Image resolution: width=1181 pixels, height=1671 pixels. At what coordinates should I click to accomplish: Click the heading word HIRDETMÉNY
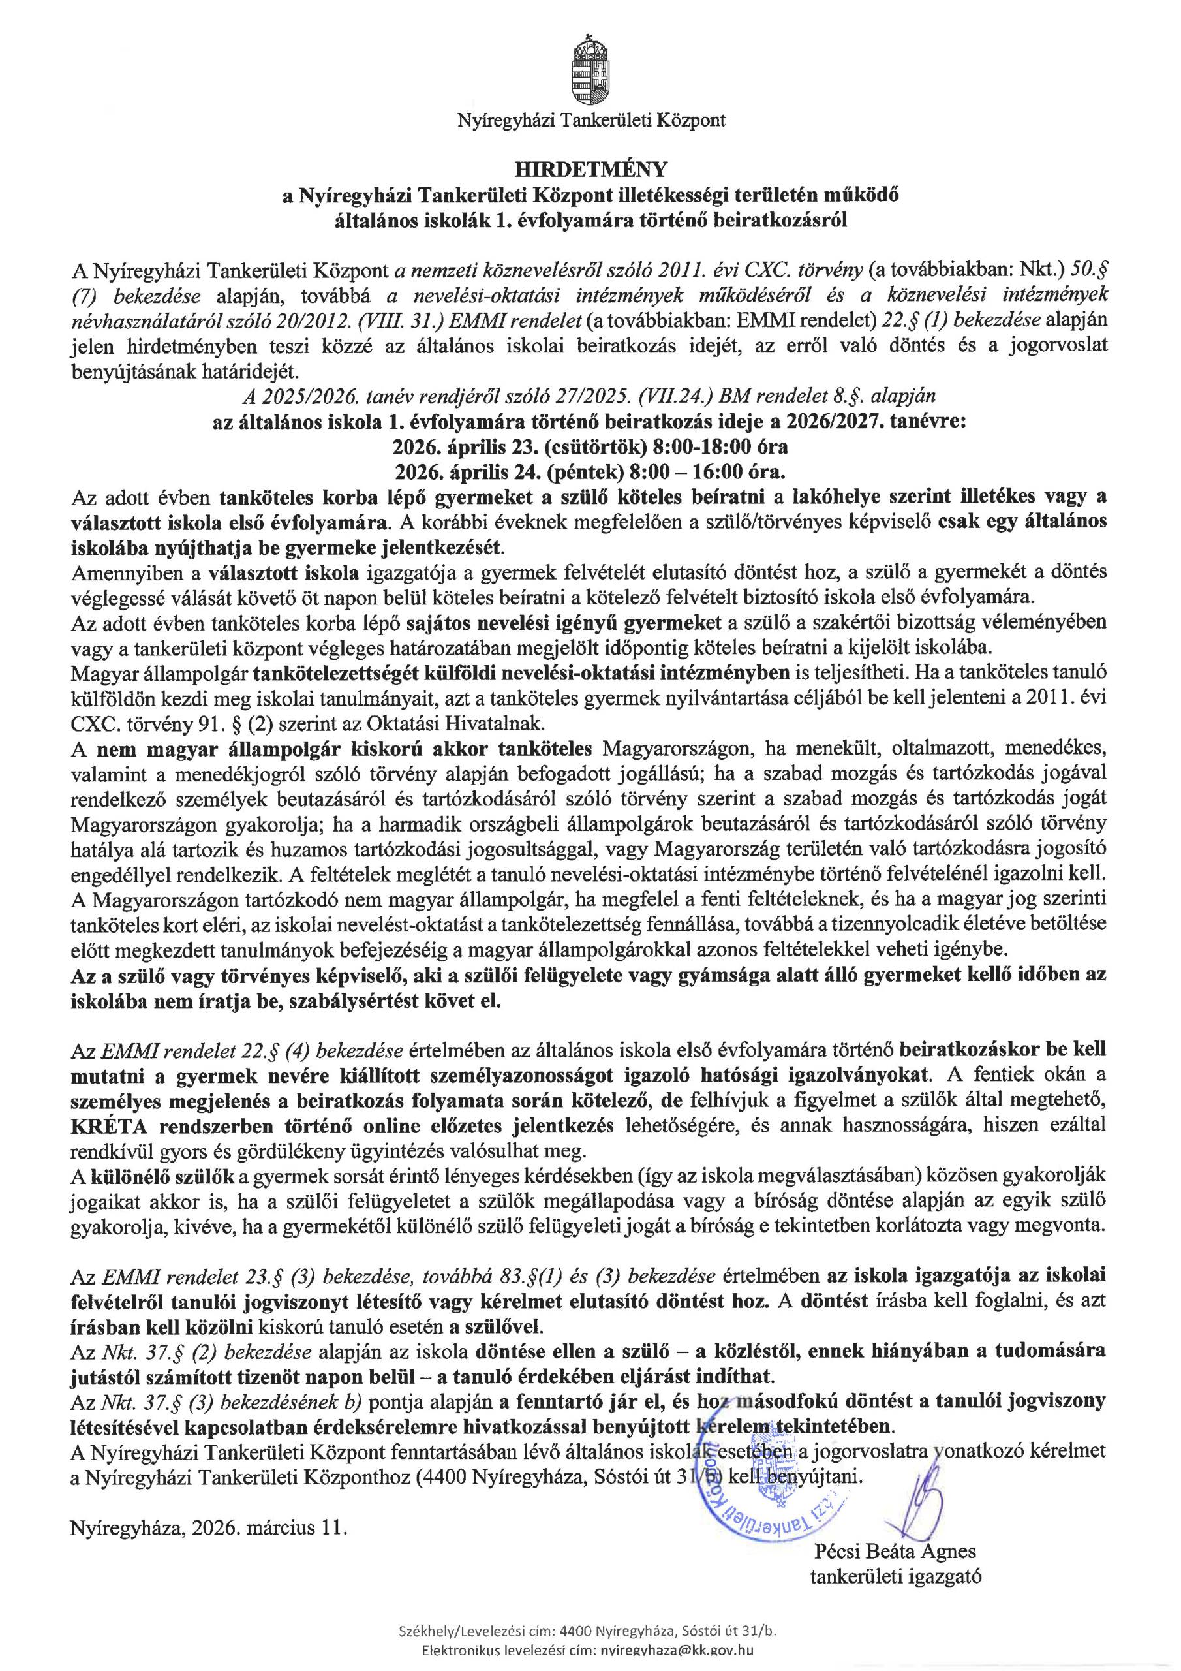pos(590,169)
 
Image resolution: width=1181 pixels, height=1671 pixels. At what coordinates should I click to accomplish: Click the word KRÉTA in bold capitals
pos(109,1127)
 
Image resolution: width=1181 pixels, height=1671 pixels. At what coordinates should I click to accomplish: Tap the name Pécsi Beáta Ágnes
pos(895,1551)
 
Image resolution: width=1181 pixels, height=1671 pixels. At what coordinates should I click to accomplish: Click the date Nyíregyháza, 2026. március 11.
pos(209,1527)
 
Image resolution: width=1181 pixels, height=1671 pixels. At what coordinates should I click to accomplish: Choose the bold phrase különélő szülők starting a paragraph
pos(162,1176)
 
